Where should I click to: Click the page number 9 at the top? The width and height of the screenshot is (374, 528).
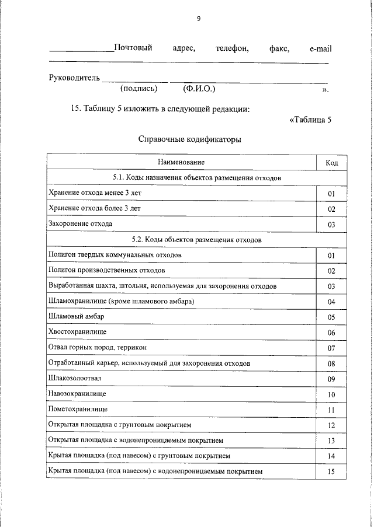pos(199,19)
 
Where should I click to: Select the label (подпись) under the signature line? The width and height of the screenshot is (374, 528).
pos(138,89)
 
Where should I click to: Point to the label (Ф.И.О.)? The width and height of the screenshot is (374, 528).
pos(199,89)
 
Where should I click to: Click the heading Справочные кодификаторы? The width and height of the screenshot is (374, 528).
pos(189,139)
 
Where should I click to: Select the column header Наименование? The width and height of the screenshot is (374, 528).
pos(181,162)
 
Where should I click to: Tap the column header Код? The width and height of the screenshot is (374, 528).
pos(331,162)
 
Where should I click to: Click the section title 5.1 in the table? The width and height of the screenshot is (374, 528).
pos(197,177)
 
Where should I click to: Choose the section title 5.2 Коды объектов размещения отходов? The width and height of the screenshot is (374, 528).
pos(197,240)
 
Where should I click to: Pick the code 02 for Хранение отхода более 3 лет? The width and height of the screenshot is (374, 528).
pos(331,209)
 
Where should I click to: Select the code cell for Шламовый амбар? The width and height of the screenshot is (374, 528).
pos(331,317)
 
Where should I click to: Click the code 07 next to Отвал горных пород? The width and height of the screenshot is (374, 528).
pos(331,348)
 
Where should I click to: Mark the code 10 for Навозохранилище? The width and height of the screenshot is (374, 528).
pos(331,395)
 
